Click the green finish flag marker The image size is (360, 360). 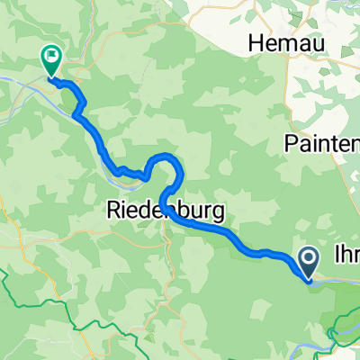[49, 59]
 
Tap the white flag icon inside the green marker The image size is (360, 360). [49, 58]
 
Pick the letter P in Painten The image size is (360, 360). [292, 143]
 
